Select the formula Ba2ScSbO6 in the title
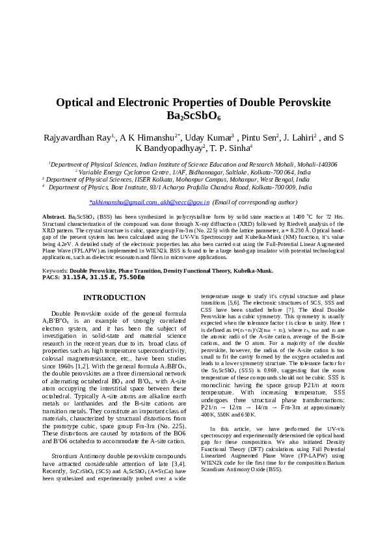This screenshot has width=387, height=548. click(194, 116)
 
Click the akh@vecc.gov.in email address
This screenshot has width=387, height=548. click(185, 203)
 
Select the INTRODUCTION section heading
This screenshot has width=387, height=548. click(114, 297)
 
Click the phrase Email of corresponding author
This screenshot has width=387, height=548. click(254, 203)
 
